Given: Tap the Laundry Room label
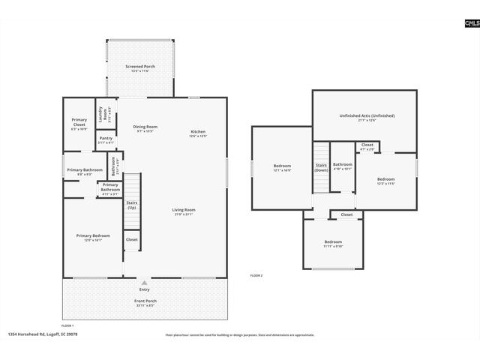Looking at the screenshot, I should pyautogui.click(x=100, y=114).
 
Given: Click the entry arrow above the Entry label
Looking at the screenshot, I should pyautogui.click(x=144, y=283).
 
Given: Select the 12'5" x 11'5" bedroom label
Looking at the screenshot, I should pyautogui.click(x=385, y=181).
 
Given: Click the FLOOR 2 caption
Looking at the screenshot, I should pyautogui.click(x=256, y=276).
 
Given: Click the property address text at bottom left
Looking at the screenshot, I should pyautogui.click(x=43, y=334).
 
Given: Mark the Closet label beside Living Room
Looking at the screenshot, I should pyautogui.click(x=131, y=240).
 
